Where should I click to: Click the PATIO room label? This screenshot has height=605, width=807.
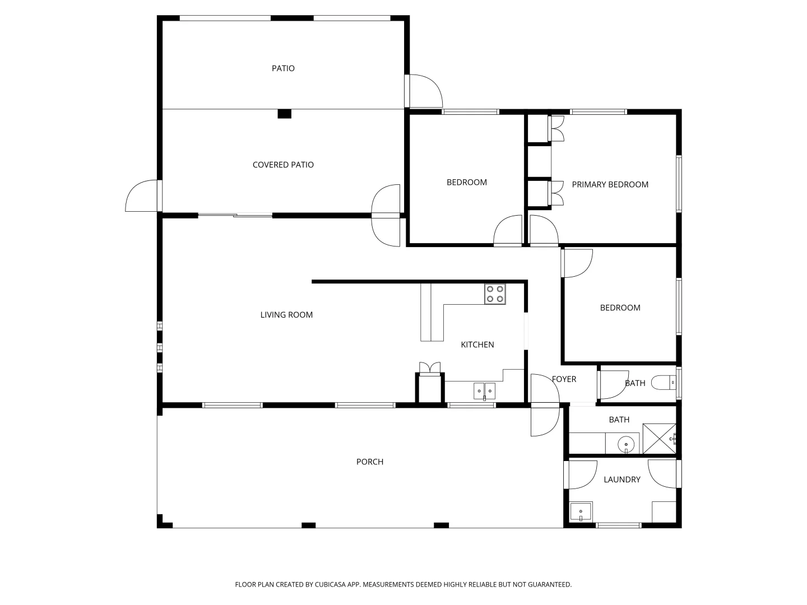(x=283, y=68)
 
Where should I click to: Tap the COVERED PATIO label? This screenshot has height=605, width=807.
(x=283, y=165)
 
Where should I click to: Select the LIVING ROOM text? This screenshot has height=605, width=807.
(x=286, y=315)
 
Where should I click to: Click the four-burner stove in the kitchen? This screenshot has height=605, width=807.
(x=495, y=294)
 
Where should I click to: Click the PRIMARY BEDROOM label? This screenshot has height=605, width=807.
(x=610, y=184)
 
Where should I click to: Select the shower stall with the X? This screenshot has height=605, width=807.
(x=659, y=439)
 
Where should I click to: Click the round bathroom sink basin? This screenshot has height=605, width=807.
(x=626, y=445)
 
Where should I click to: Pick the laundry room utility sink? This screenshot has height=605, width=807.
(x=581, y=512)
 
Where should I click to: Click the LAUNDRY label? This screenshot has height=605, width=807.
(x=622, y=480)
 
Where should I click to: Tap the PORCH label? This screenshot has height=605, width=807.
(x=370, y=462)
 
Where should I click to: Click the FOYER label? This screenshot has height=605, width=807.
(x=564, y=379)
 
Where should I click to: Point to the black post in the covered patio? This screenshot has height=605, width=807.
(x=285, y=114)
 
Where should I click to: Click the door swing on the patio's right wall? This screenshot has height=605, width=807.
(x=424, y=91)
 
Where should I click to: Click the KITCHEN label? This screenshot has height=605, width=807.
(x=477, y=345)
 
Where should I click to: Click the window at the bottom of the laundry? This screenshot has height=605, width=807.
(x=618, y=525)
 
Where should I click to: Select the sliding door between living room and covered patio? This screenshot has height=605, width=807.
(x=235, y=215)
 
